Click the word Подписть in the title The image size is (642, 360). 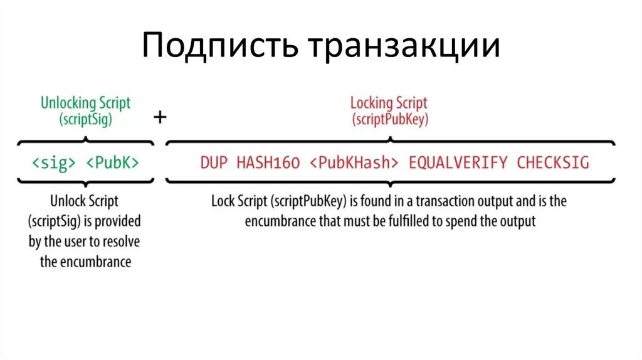(x=220, y=47)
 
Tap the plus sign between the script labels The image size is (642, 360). (x=160, y=117)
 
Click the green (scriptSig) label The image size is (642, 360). (x=86, y=120)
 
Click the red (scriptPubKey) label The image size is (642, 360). (x=389, y=120)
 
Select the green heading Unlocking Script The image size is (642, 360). (x=86, y=103)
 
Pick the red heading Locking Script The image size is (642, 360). (x=389, y=103)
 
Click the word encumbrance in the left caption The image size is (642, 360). (x=95, y=262)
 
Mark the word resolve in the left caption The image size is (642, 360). (x=123, y=241)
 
